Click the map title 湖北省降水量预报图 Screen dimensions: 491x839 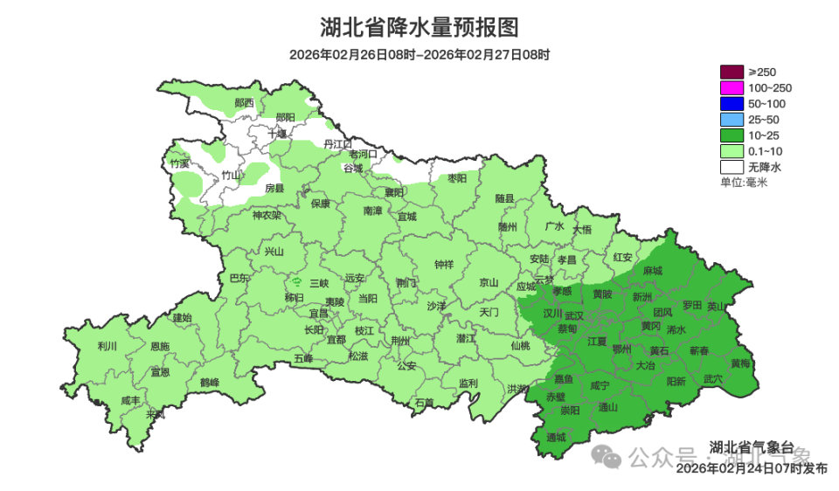[419, 28]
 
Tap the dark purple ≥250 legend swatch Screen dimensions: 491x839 [732, 72]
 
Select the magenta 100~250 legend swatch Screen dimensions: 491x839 [732, 87]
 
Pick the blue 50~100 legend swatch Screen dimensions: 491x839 [732, 103]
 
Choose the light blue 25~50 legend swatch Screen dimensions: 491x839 [732, 119]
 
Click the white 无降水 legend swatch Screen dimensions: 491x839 [732, 166]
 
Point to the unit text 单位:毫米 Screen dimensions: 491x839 [743, 182]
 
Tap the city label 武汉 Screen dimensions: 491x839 [575, 315]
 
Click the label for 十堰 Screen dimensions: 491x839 [277, 135]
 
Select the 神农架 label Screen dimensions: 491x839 [267, 215]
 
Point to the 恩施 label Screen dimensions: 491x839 [159, 347]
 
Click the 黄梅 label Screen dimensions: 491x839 [740, 363]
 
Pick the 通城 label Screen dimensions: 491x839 [555, 437]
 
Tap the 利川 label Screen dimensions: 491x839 [107, 346]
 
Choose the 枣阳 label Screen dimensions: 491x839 [457, 178]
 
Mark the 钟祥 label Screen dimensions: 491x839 [444, 265]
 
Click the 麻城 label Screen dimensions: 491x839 [652, 272]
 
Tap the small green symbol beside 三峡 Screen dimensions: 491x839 [296, 282]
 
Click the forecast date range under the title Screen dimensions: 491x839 [419, 55]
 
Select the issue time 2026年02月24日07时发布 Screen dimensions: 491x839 [752, 469]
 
